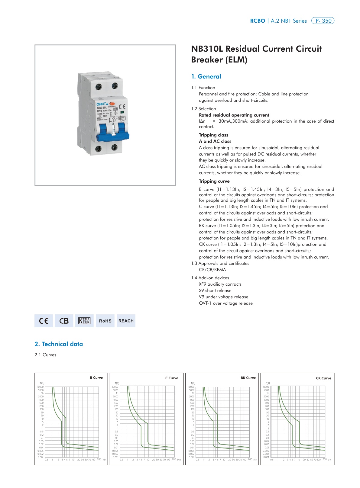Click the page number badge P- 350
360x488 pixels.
[x=323, y=21]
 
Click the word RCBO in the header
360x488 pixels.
[x=258, y=21]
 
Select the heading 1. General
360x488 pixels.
[x=206, y=77]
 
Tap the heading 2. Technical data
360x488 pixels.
[x=59, y=344]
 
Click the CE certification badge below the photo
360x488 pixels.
[x=44, y=321]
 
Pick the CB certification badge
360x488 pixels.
[x=64, y=321]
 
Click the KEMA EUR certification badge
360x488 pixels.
[x=84, y=321]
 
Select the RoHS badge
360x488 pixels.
[x=105, y=321]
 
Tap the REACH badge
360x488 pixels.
[x=126, y=321]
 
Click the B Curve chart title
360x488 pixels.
[x=96, y=378]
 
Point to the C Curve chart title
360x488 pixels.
[x=172, y=378]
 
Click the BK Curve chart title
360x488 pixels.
[x=248, y=378]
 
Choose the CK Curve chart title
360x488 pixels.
[x=323, y=378]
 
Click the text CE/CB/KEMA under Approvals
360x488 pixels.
[x=212, y=270]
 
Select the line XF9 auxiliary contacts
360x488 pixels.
[x=220, y=284]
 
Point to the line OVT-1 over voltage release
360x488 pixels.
[x=225, y=303]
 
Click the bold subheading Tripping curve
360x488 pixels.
[x=214, y=181]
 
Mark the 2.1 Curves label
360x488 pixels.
[x=45, y=355]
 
